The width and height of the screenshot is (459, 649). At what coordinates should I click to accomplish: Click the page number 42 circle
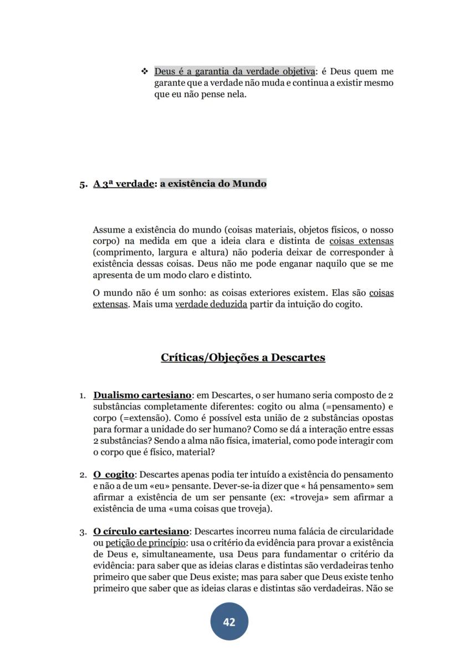click(229, 622)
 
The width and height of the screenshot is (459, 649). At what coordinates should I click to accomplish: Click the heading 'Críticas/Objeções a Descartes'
click(243, 357)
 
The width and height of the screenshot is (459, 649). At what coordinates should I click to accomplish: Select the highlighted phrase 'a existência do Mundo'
click(213, 183)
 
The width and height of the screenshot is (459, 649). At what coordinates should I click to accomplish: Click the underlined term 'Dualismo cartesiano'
click(142, 396)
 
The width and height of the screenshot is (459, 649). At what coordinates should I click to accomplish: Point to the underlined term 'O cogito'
click(114, 474)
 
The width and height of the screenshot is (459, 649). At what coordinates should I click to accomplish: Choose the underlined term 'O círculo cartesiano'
click(141, 532)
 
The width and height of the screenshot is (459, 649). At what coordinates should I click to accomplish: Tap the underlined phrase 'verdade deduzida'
click(211, 304)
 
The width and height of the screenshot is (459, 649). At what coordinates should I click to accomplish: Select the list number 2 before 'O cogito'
click(83, 475)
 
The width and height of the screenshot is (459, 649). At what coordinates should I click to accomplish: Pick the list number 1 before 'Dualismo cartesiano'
click(82, 396)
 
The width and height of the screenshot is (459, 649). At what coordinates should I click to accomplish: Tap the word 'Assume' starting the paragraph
click(109, 229)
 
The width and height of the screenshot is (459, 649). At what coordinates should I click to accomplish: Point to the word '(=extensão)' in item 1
click(141, 418)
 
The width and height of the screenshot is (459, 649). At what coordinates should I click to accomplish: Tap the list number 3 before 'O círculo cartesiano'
click(83, 532)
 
